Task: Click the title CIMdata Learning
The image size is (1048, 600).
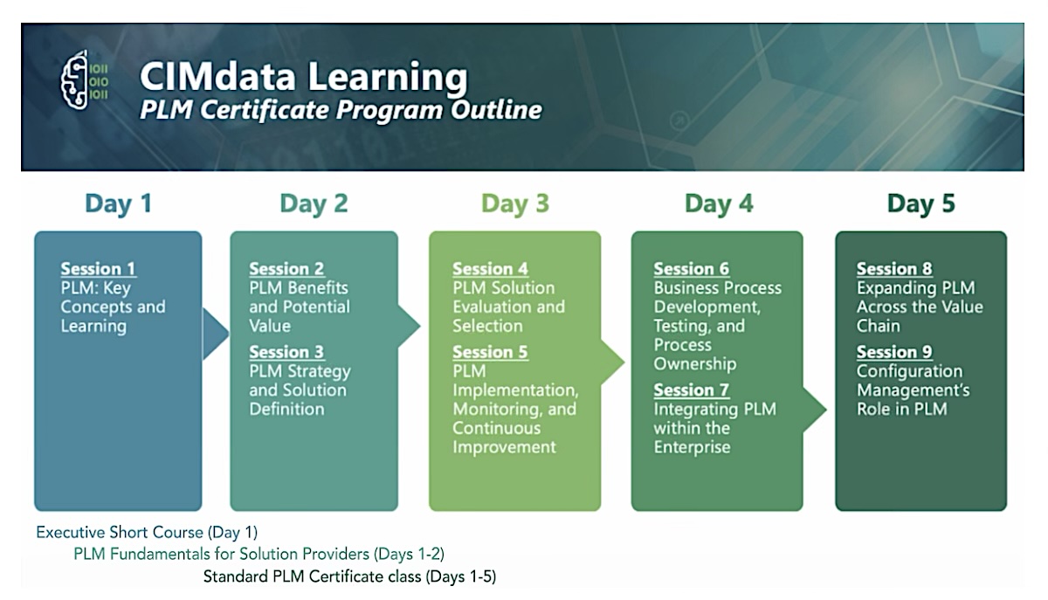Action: click(x=304, y=77)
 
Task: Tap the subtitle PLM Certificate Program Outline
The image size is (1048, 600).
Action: click(x=341, y=110)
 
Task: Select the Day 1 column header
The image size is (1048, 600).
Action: click(x=119, y=203)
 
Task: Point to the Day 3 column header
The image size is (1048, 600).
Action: click(x=515, y=203)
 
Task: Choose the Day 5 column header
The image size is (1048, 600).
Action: click(x=920, y=203)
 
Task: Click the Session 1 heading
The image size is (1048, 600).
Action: click(x=98, y=269)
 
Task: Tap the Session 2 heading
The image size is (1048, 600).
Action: click(x=286, y=269)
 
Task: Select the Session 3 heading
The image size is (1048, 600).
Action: click(x=286, y=352)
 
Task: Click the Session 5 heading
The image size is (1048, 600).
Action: click(x=490, y=352)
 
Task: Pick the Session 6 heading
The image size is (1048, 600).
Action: click(x=692, y=269)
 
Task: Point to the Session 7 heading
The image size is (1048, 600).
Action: click(x=692, y=390)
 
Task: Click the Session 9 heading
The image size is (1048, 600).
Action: click(x=894, y=352)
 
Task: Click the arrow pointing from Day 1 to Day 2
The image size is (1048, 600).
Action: click(x=215, y=334)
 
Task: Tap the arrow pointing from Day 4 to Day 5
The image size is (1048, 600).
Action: click(x=815, y=410)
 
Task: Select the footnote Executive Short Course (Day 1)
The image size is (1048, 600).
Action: click(x=147, y=533)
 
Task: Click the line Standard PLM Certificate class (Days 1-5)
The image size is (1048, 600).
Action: click(x=349, y=576)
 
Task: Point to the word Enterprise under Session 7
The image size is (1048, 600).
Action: click(x=692, y=447)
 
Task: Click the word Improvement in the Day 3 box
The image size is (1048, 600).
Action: click(x=505, y=447)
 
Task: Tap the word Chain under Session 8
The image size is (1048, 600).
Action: click(x=879, y=327)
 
